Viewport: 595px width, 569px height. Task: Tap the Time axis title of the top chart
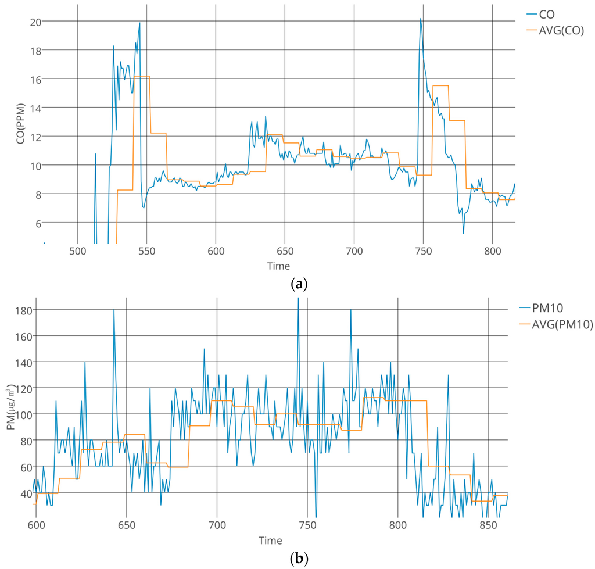pyautogui.click(x=278, y=266)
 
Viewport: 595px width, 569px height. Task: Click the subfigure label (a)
pyautogui.click(x=297, y=285)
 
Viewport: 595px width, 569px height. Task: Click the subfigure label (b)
pyautogui.click(x=297, y=559)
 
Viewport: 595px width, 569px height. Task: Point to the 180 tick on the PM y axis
pyautogui.click(x=23, y=310)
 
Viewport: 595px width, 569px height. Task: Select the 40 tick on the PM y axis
pyautogui.click(x=25, y=493)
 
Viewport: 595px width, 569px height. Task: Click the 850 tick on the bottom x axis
pyautogui.click(x=488, y=525)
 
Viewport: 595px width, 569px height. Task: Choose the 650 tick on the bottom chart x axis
pyautogui.click(x=126, y=525)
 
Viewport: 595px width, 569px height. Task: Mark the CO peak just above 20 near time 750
pyautogui.click(x=421, y=19)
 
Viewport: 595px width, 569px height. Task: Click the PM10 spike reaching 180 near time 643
pyautogui.click(x=114, y=310)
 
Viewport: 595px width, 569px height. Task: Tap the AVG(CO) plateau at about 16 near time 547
pyautogui.click(x=142, y=76)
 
